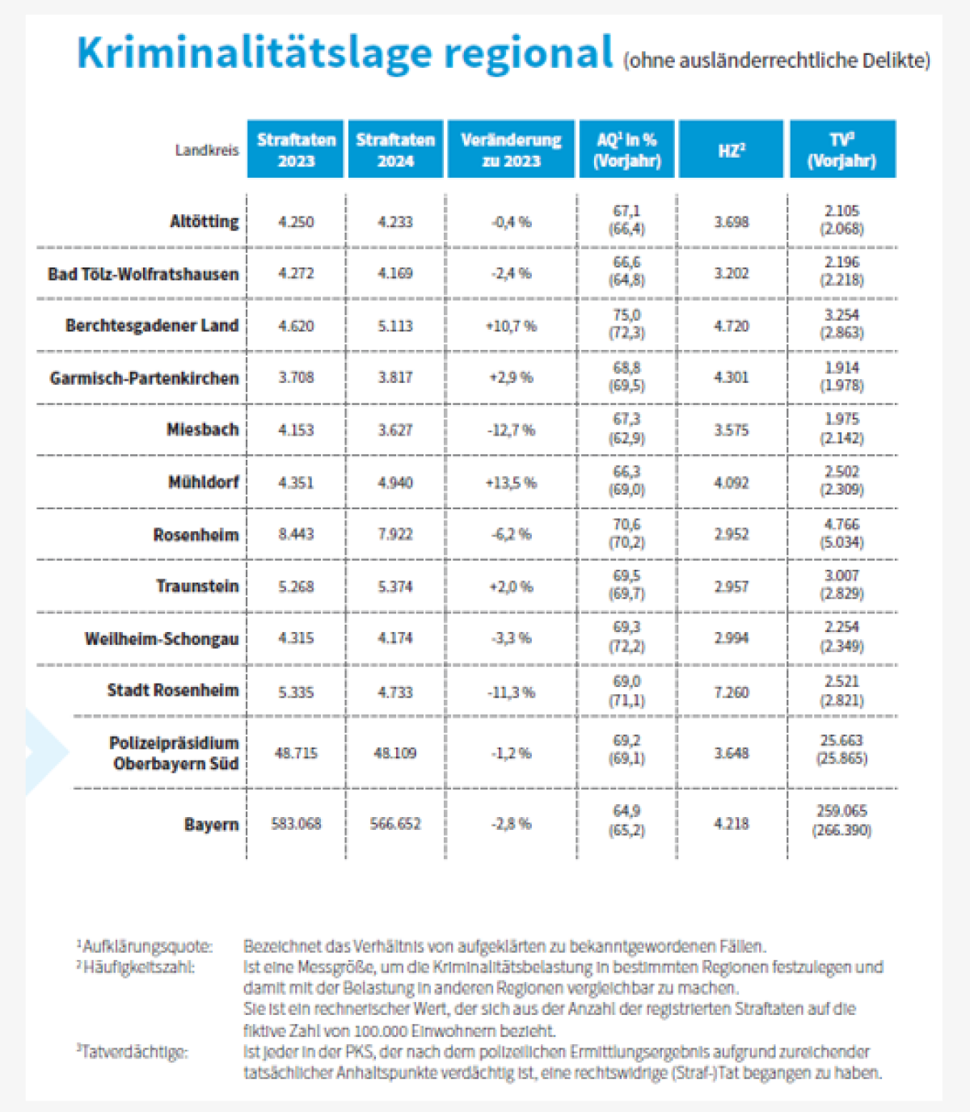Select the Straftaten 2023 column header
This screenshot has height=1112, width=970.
pos(296,150)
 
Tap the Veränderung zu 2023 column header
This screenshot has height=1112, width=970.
pos(511,150)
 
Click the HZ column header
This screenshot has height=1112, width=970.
pos(731,150)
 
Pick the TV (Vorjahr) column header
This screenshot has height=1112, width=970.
pos(841,150)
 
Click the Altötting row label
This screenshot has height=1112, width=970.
pos(204,221)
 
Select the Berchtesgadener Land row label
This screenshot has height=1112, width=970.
pos(152,326)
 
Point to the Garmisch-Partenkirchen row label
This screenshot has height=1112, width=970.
pos(144,378)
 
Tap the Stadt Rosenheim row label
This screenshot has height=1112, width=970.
pos(173,691)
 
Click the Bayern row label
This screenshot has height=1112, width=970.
pos(211,825)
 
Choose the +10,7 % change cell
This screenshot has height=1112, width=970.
pos(511,326)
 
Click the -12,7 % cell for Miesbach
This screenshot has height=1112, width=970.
pos(511,430)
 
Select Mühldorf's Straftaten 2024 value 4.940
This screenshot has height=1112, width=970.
pos(395,482)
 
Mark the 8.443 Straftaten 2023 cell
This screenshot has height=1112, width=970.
pos(296,534)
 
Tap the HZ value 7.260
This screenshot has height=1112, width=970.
pos(731,693)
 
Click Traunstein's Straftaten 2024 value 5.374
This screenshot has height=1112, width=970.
pos(395,587)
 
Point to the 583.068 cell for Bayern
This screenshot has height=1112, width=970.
pos(296,824)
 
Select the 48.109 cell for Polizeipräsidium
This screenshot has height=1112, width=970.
pos(395,753)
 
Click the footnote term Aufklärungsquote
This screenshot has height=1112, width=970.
pos(147,946)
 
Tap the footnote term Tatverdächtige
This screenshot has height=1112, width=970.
pos(135,1052)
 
